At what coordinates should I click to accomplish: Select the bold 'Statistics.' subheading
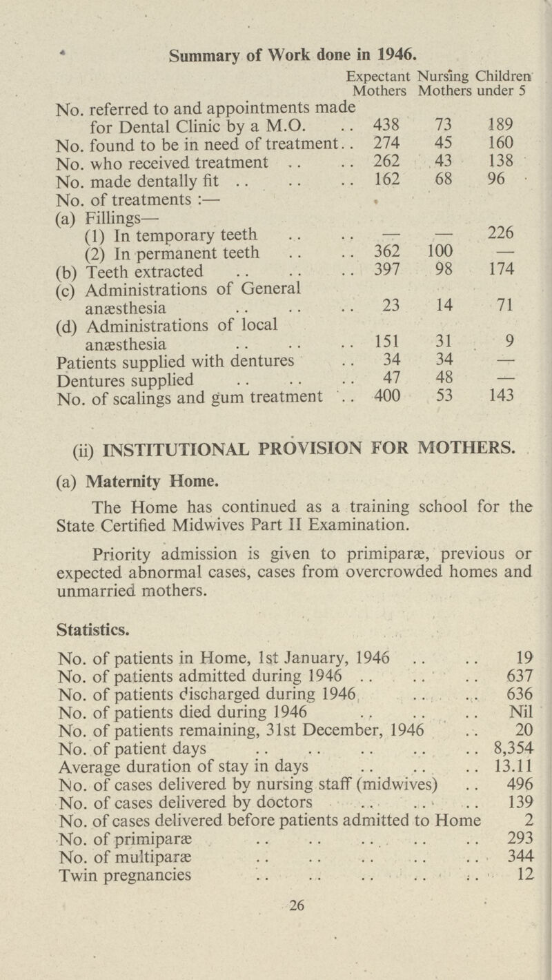click(82, 609)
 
